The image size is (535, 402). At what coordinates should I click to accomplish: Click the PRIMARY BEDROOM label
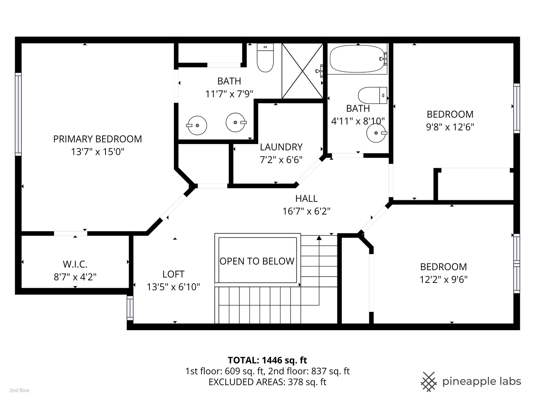pos(97,139)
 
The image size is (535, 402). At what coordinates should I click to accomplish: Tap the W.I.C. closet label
pos(75,265)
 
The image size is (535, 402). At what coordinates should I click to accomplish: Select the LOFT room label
pos(173,274)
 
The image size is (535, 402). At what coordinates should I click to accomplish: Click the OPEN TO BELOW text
pos(257,261)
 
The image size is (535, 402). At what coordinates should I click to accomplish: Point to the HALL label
pos(306,198)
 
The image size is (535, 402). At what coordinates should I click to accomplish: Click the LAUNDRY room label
pos(281,147)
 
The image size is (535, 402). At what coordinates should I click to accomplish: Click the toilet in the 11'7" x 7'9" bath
pos(265,57)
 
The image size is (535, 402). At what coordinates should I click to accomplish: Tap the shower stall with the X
pos(302,71)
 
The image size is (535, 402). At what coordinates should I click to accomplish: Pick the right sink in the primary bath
pos(236,122)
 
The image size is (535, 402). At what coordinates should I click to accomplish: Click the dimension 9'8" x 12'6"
pos(450,127)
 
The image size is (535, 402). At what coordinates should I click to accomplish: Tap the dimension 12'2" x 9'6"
pos(443,280)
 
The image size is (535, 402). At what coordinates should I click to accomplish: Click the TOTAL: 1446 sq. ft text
pos(267,360)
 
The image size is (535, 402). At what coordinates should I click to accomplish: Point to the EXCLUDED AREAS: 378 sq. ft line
pos(267,382)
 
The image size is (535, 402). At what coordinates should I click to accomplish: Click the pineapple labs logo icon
pos(428,382)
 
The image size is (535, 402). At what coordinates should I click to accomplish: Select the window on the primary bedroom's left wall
pos(18,114)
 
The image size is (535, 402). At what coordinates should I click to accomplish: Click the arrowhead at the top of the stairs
pos(319,237)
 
